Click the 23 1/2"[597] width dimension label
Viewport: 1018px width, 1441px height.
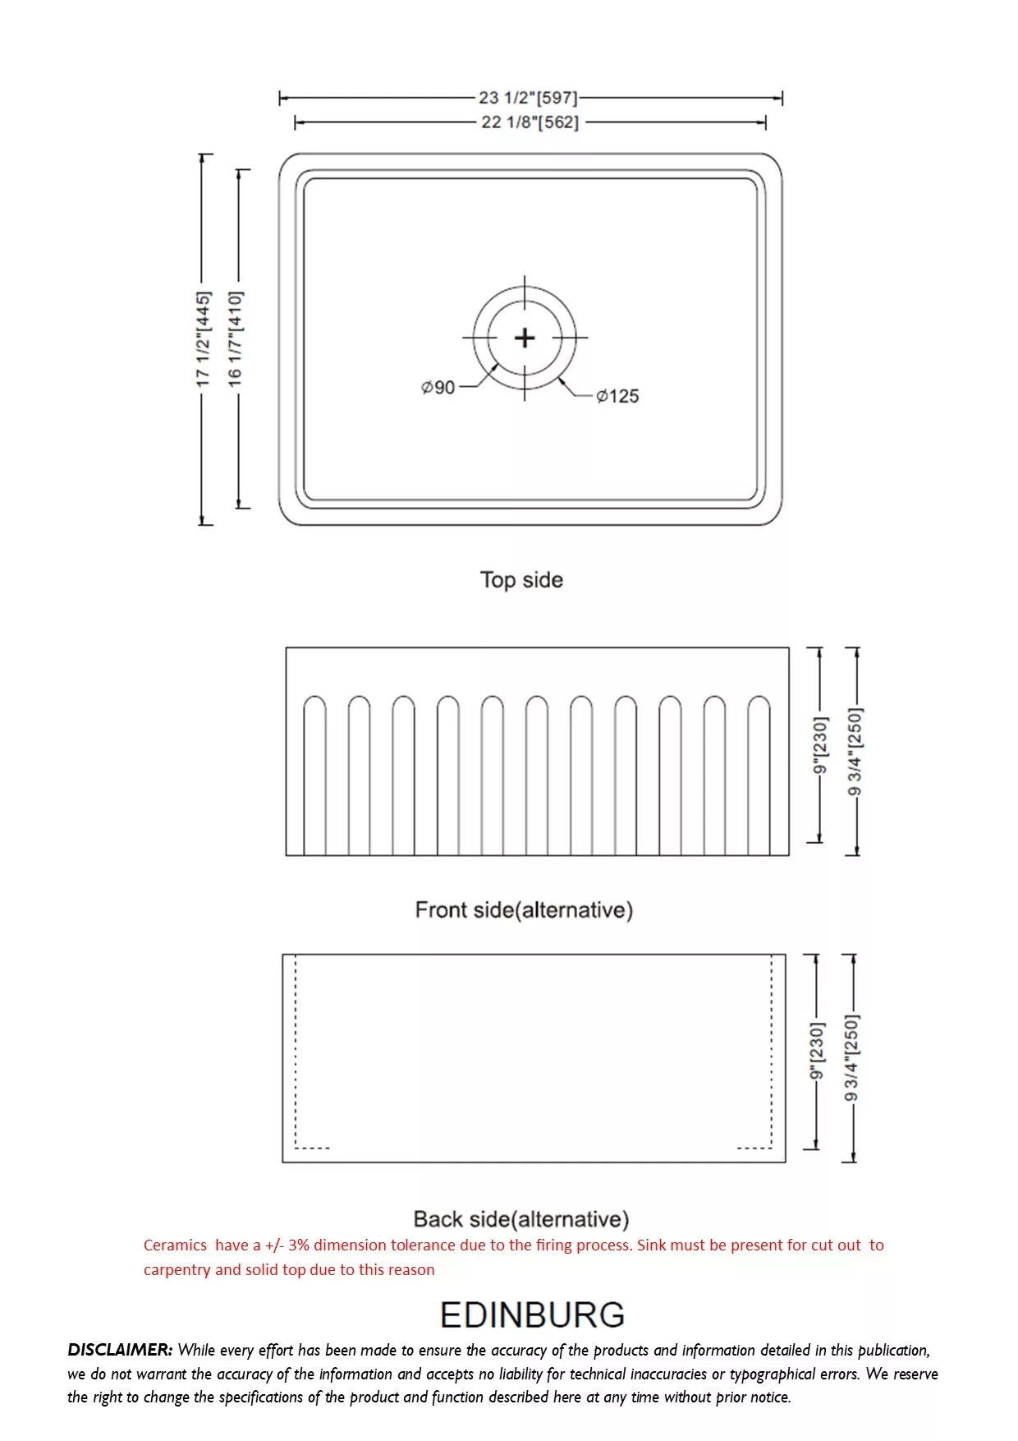click(x=528, y=98)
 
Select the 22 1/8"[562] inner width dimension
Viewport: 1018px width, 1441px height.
click(x=530, y=122)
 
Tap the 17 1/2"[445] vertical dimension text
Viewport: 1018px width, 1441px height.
click(x=203, y=338)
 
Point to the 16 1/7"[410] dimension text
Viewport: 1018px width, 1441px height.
click(x=236, y=338)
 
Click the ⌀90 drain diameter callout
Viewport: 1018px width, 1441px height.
click(x=438, y=387)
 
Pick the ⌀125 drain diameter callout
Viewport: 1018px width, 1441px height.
click(x=617, y=396)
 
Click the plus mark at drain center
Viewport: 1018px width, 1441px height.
click(x=525, y=338)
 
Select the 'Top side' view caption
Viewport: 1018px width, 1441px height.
click(x=521, y=580)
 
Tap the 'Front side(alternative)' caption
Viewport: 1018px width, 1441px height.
click(x=524, y=910)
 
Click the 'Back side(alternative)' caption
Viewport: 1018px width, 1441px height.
click(x=521, y=1219)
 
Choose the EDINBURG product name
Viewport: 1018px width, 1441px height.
click(x=532, y=1315)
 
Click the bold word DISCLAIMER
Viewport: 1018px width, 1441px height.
click(x=120, y=1350)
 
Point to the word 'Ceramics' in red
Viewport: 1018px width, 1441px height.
click(x=175, y=1245)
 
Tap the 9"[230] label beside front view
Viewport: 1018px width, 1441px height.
click(x=820, y=745)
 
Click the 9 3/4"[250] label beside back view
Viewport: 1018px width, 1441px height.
click(x=851, y=1058)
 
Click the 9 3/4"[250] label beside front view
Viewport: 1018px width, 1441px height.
click(x=855, y=752)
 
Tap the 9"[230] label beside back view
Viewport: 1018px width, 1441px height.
click(x=816, y=1052)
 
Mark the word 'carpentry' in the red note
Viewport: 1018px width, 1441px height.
click(x=177, y=1270)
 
